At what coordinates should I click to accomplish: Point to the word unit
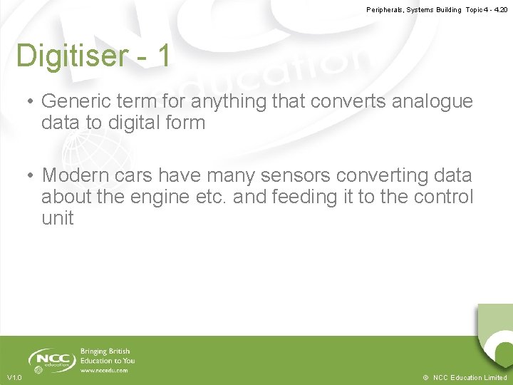pos(57,218)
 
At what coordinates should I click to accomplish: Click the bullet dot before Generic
pos(31,102)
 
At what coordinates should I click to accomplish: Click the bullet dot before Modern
pos(31,175)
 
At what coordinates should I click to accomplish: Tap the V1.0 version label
pos(14,377)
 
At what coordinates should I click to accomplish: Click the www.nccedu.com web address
pos(104,370)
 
